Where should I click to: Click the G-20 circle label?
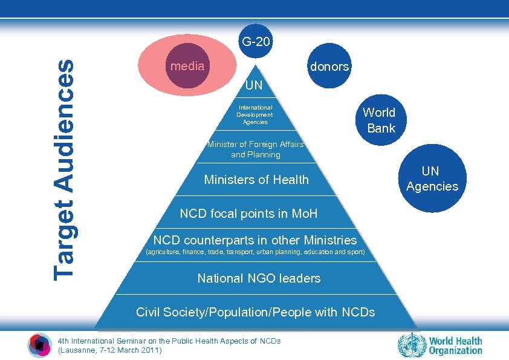256,42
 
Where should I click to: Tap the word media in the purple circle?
187,66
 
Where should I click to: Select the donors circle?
329,67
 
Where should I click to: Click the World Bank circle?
379,120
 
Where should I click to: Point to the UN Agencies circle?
432,178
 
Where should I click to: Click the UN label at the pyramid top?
254,85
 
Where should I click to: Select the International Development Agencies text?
254,114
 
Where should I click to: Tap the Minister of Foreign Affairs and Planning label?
256,149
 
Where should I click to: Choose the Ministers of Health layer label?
256,180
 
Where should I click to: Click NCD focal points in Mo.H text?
248,214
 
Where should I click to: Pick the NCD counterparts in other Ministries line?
255,240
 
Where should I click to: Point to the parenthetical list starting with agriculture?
256,252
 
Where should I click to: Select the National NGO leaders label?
259,278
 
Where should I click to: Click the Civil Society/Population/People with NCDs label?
255,312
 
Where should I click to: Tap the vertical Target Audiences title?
64,169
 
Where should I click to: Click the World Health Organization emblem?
412,345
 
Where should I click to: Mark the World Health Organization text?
456,345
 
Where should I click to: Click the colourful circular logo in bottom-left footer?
40,345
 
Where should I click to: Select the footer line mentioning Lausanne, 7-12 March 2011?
109,350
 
